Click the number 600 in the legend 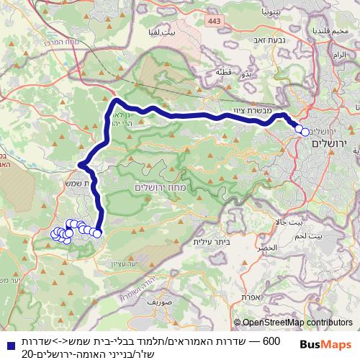[x=271, y=339]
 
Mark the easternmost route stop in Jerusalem [x=305, y=132]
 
